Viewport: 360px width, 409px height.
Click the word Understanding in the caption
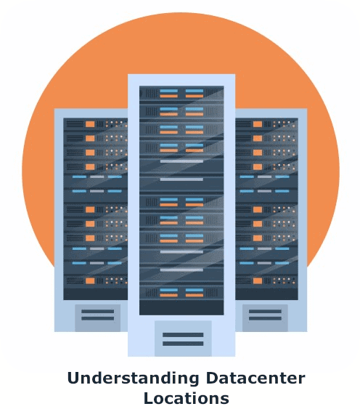tap(134, 379)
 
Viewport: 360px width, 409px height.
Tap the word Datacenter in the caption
tap(255, 378)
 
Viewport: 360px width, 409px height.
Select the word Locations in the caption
tap(187, 398)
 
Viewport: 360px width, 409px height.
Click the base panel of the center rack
tap(183, 339)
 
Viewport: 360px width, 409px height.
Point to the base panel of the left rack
tap(98, 318)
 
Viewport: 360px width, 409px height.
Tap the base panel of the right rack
tap(265, 318)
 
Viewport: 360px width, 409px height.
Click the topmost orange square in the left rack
tap(90, 124)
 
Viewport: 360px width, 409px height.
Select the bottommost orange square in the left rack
tap(90, 281)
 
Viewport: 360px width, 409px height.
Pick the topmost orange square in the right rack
tap(258, 124)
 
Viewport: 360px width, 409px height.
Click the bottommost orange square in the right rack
tap(258, 281)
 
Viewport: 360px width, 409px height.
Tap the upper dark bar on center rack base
tap(183, 335)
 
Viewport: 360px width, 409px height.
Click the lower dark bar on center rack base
tap(183, 344)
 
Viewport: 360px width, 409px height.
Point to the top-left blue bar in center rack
tap(168, 91)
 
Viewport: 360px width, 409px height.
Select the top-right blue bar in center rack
tap(195, 91)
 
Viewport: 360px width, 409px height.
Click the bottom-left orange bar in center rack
tap(168, 295)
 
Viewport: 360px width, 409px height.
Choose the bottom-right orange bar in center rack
tap(195, 295)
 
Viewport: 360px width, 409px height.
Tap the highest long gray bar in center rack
tap(181, 161)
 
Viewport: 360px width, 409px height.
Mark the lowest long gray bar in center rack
tap(181, 270)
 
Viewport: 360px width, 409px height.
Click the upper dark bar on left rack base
tap(98, 312)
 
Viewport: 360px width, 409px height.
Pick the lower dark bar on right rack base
tap(265, 318)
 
